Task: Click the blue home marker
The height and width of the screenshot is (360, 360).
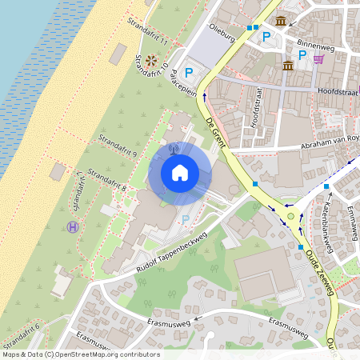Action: tap(180, 172)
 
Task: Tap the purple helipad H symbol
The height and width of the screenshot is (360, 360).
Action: tap(74, 227)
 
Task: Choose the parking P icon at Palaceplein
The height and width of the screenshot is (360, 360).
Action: tap(189, 71)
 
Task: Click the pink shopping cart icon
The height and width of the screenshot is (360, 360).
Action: tap(319, 58)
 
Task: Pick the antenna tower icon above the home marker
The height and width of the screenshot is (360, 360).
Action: tap(174, 147)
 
